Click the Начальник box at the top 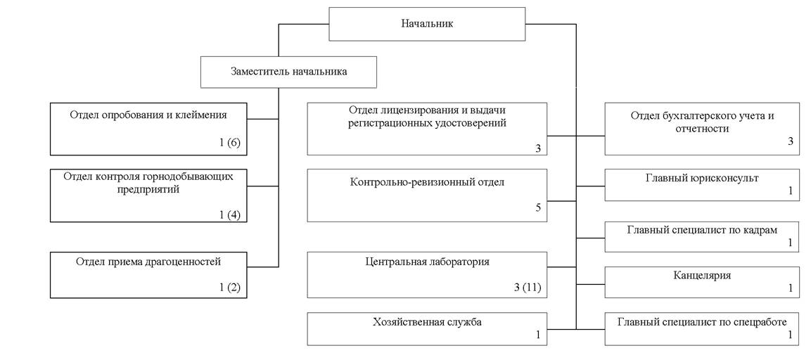[x=427, y=23]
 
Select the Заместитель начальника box [x=288, y=71]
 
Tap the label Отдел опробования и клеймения [x=148, y=112]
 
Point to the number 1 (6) [x=229, y=143]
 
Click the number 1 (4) [x=229, y=214]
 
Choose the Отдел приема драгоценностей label [x=148, y=262]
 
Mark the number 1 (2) [x=229, y=287]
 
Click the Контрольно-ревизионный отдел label [x=427, y=182]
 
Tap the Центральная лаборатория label [x=427, y=262]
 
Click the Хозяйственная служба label [x=427, y=322]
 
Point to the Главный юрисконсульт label [x=702, y=178]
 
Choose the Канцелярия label [x=702, y=275]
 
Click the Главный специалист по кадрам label [x=702, y=229]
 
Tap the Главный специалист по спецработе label [x=702, y=322]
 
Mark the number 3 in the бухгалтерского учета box [x=790, y=141]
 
